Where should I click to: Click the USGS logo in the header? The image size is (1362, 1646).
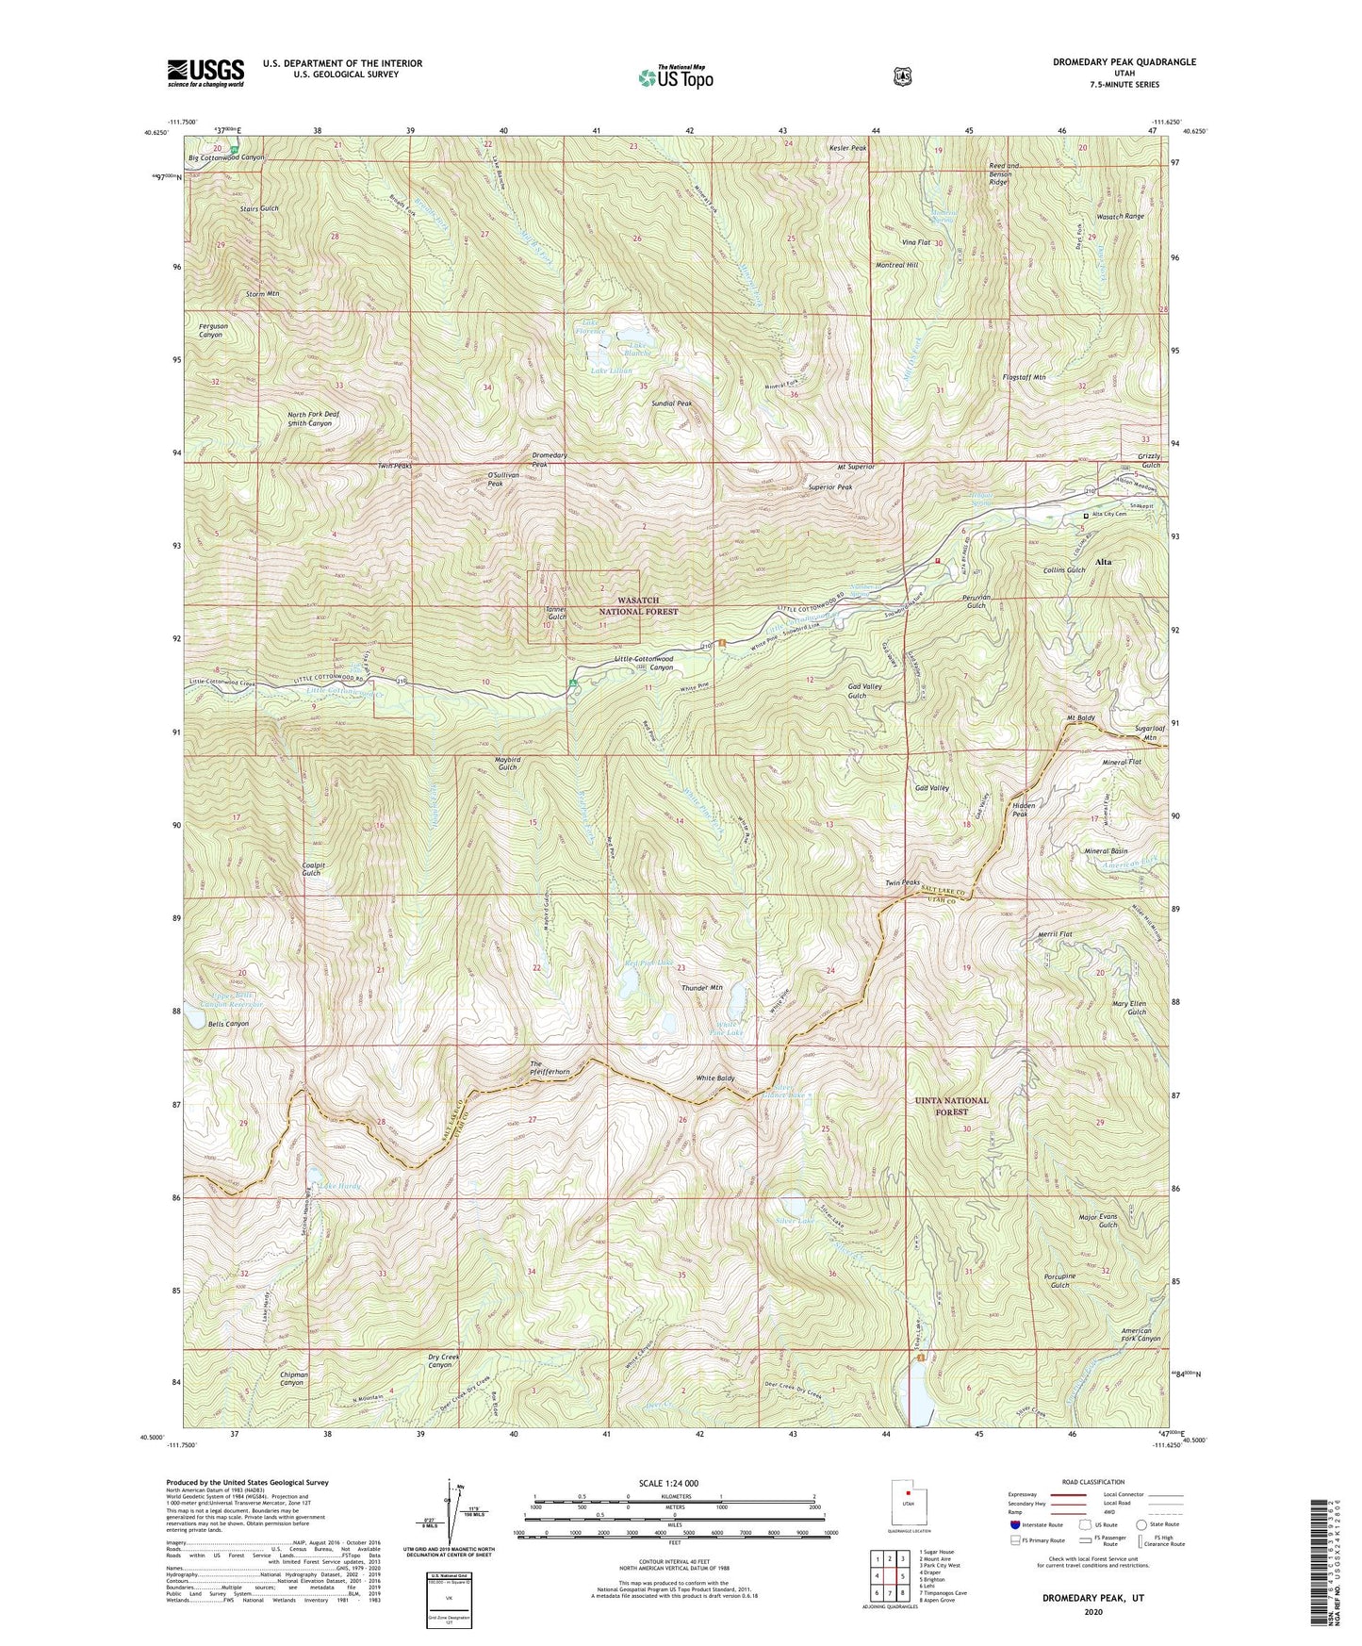coord(205,72)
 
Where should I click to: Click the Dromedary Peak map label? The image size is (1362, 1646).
coord(549,460)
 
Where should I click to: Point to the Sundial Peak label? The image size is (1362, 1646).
coord(671,403)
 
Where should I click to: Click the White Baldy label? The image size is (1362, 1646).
coord(714,1078)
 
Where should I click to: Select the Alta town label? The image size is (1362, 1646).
coord(1103,561)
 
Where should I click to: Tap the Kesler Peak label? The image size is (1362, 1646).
coord(847,148)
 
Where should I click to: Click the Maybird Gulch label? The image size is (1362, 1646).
coord(506,763)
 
